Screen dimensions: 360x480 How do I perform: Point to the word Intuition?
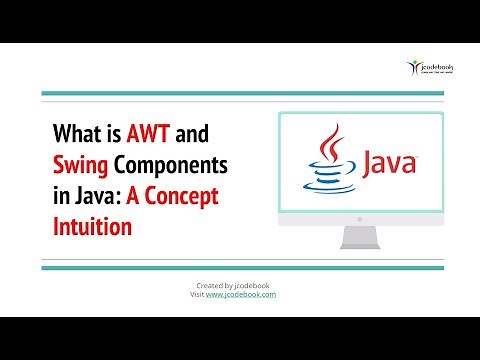(x=92, y=226)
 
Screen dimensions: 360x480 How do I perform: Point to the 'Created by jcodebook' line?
(x=239, y=286)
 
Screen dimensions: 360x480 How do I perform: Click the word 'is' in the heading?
(x=117, y=135)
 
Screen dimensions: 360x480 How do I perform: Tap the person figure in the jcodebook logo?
(x=412, y=68)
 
